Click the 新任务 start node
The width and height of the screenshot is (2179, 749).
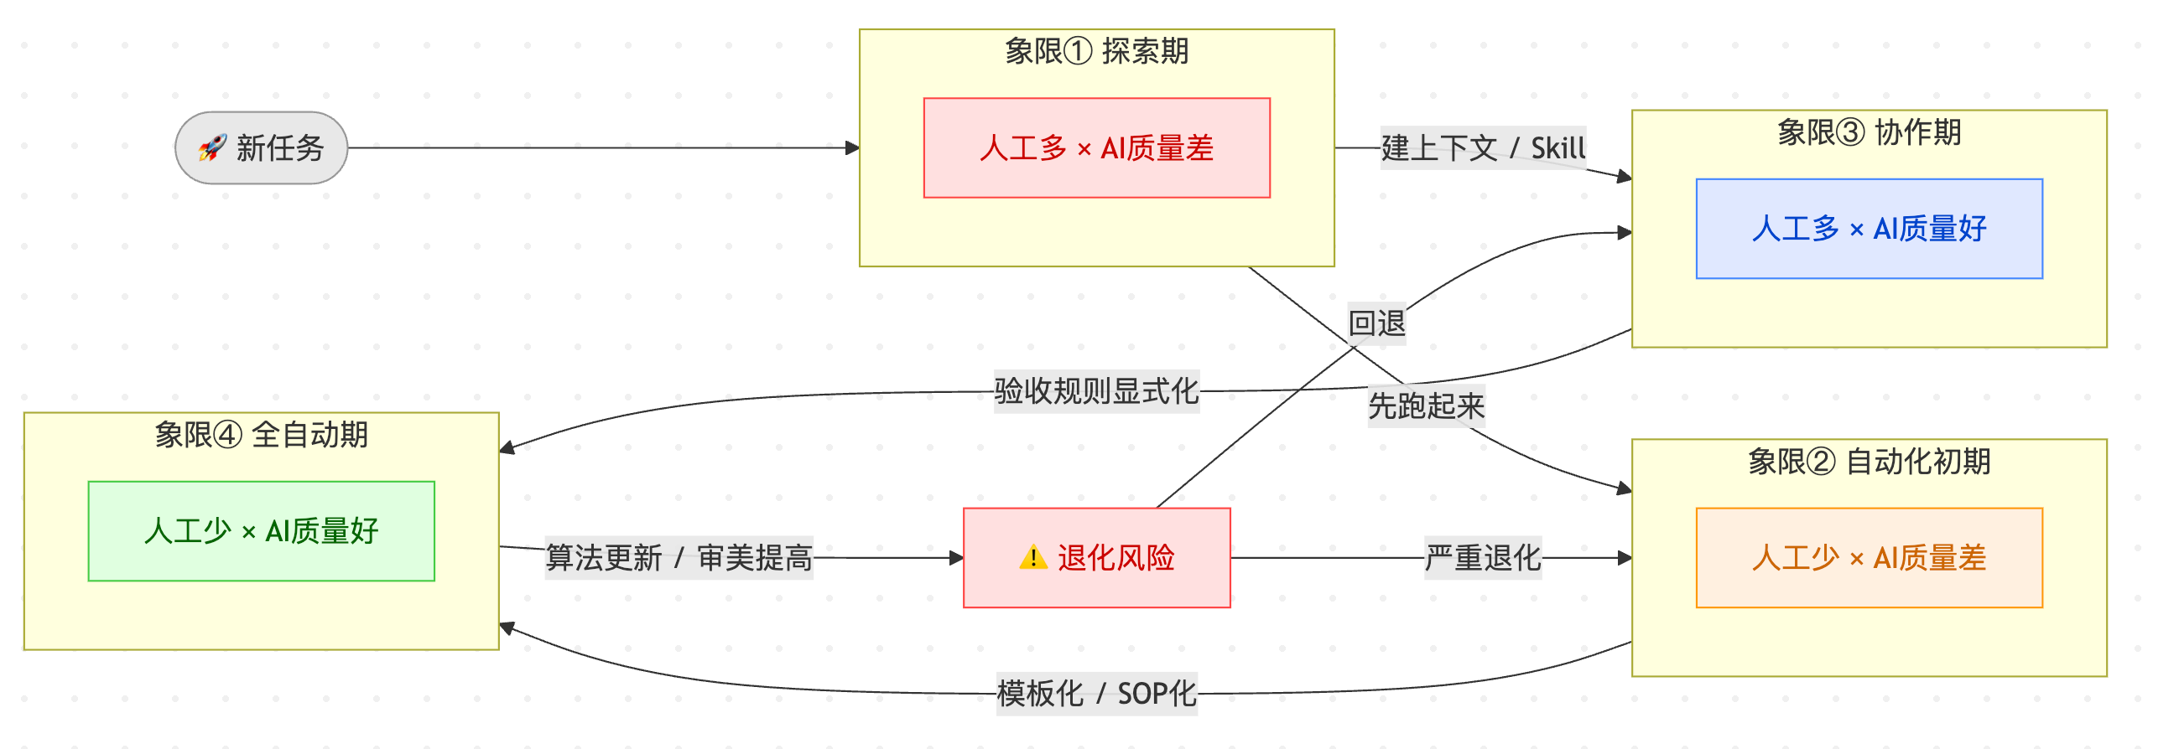point(262,148)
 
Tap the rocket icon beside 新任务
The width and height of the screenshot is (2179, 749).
point(212,148)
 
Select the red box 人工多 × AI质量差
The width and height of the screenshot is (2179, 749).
point(1096,148)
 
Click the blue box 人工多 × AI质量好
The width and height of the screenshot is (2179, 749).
point(1869,228)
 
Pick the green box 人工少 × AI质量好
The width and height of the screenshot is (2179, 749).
point(262,531)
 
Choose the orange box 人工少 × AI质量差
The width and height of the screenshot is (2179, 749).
point(1869,557)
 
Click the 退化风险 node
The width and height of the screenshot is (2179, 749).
point(1096,557)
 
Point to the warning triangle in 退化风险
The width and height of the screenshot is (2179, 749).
point(1032,558)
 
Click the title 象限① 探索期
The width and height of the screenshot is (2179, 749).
point(1096,52)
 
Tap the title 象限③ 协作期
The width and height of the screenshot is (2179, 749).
point(1869,132)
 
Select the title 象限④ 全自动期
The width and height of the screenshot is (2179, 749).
point(262,435)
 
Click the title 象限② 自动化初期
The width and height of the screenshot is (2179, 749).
point(1869,462)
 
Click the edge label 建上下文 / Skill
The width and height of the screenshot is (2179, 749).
point(1483,148)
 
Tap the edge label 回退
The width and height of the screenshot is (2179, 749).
point(1376,323)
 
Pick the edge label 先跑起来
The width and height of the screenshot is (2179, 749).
point(1426,406)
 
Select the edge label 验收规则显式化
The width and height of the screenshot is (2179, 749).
point(1096,390)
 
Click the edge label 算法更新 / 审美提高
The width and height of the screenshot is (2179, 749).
point(679,557)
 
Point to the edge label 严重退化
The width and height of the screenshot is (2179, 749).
point(1483,557)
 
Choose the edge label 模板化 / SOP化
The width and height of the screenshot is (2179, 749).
point(1096,693)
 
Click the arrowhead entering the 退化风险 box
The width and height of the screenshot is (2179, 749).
point(957,558)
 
